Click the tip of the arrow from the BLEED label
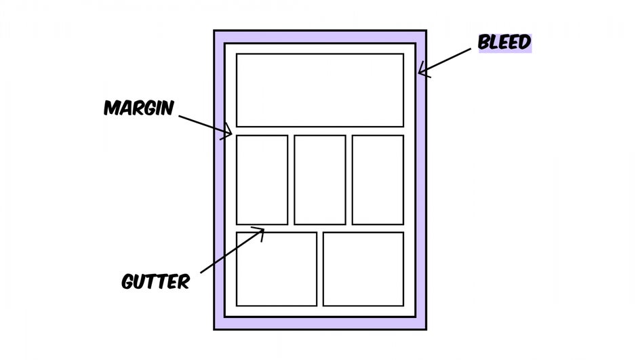tap(419, 73)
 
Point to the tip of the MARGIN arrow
tap(231, 133)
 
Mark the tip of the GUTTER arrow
tap(264, 230)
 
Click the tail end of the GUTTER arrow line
tap(201, 273)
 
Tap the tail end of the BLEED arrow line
tap(471, 49)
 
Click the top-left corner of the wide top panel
tap(237, 54)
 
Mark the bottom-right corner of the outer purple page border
tap(426, 329)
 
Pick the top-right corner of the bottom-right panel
tap(403, 233)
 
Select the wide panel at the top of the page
tap(320, 90)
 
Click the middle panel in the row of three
tap(320, 180)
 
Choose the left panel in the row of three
tap(262, 180)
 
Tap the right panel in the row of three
tap(378, 180)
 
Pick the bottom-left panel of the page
tap(277, 269)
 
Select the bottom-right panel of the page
tap(363, 269)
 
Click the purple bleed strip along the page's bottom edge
tap(320, 323)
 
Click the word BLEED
tap(504, 43)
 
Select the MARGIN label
tap(139, 108)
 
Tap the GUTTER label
tap(155, 281)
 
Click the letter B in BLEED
tap(484, 43)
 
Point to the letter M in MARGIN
tap(113, 108)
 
